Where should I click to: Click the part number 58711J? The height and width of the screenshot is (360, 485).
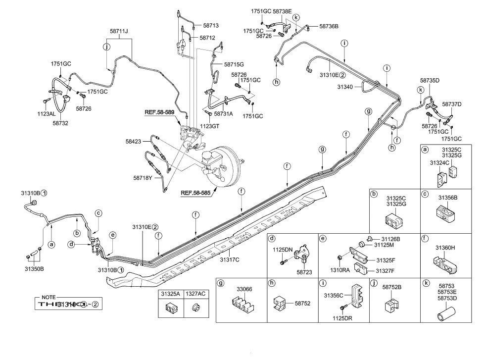click(119, 31)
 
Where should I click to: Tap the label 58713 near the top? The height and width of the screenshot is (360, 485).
click(211, 25)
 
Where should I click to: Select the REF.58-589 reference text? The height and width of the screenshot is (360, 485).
click(159, 112)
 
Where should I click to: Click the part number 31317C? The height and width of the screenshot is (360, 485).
click(230, 259)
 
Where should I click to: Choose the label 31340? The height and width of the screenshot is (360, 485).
click(346, 87)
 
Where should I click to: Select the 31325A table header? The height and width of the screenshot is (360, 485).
click(169, 294)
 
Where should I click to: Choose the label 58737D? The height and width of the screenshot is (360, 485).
click(451, 104)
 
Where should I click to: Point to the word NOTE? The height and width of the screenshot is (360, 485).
click(48, 297)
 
